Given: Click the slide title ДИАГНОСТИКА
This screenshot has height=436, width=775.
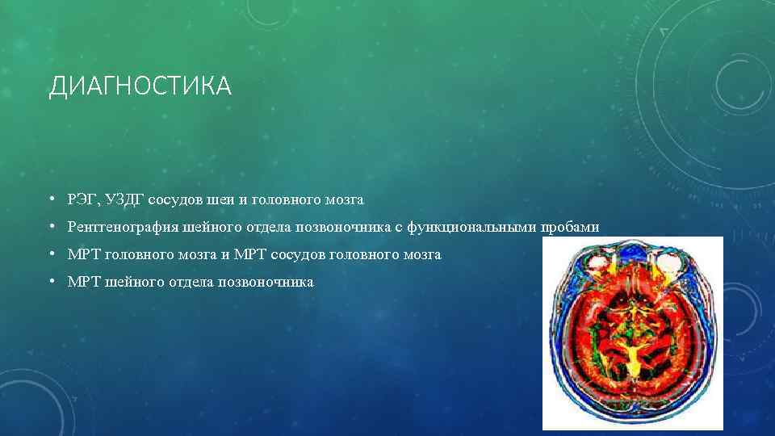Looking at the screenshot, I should click(140, 86).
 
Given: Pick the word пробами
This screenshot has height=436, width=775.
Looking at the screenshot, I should click(572, 227).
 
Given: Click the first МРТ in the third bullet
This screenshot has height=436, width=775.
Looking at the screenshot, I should click(83, 254).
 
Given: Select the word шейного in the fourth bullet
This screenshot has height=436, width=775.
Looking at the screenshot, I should click(131, 282).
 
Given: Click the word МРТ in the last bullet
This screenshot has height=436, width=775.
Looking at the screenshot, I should click(83, 282).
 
